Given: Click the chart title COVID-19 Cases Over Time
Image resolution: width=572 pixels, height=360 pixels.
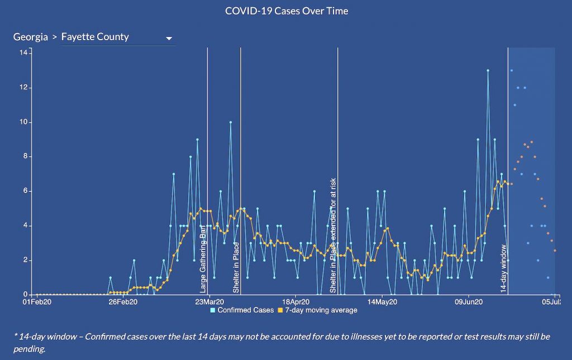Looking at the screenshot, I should (286, 11).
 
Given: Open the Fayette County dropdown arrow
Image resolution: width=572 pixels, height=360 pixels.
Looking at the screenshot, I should (169, 39).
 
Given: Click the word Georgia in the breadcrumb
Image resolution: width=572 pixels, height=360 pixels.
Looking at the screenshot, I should (31, 37).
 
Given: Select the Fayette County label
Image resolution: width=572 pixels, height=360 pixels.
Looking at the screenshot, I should (95, 37).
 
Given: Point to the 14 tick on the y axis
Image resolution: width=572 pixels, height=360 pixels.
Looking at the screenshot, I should (23, 52).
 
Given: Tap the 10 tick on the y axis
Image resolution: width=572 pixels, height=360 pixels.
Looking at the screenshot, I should (23, 122).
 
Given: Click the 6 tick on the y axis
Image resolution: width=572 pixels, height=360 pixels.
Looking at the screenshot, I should (25, 191).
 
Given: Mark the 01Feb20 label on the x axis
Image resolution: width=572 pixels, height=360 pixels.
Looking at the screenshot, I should (37, 303).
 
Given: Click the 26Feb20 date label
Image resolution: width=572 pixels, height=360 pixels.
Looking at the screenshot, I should (123, 303).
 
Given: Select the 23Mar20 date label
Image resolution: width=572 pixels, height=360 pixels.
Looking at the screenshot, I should (208, 303).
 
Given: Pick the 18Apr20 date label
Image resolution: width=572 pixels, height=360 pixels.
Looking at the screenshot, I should (295, 303).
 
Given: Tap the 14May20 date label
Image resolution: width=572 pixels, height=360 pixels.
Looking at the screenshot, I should (382, 303).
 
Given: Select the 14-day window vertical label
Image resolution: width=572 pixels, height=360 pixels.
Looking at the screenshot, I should (503, 268).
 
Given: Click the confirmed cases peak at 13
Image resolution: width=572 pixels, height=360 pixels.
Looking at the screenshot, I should (488, 71).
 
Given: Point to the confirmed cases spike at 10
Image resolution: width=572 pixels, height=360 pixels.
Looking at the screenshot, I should (230, 122).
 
